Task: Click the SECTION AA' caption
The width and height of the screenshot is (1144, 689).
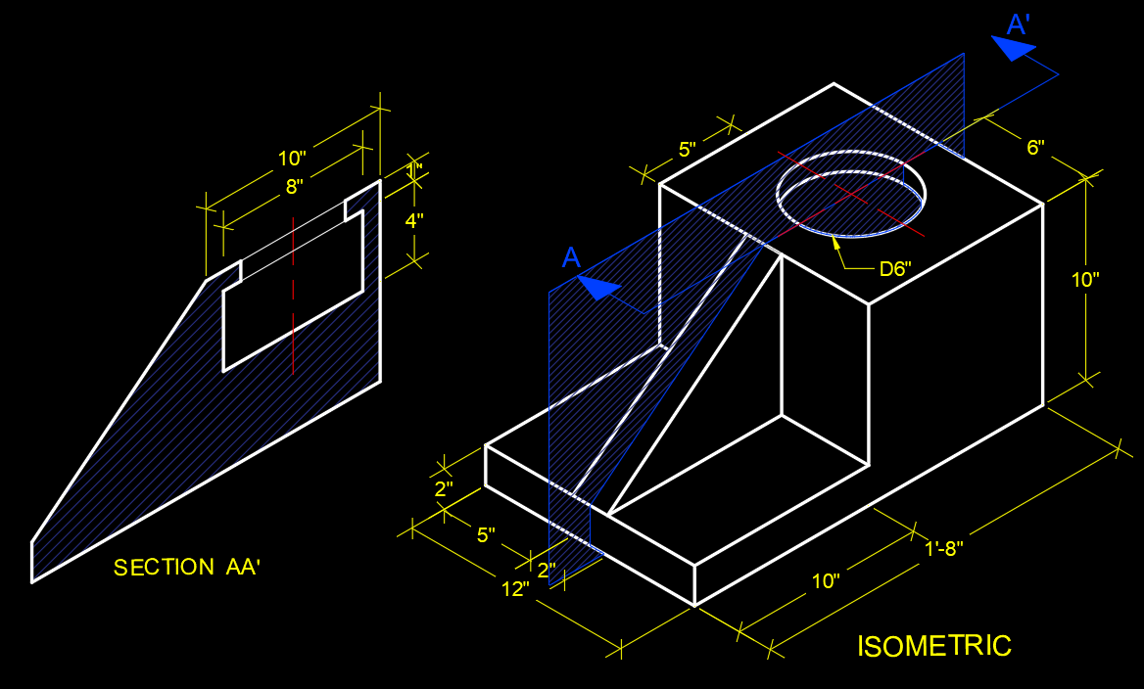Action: (x=187, y=568)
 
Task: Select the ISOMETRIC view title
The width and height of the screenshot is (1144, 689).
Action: (x=934, y=646)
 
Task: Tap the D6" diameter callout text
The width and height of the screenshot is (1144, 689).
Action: (x=894, y=269)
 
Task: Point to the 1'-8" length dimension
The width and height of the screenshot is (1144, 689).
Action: (x=944, y=548)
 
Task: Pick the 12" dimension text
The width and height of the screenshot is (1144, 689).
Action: (x=515, y=588)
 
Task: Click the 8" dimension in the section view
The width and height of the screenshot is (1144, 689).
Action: (x=294, y=185)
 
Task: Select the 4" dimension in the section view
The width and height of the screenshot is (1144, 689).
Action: (x=414, y=221)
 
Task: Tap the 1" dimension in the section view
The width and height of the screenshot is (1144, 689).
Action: (x=415, y=172)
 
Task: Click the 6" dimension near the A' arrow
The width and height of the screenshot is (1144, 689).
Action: (x=1035, y=148)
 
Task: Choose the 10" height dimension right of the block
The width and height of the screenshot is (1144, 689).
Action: (x=1085, y=279)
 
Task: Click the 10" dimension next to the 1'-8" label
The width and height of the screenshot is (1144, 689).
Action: (x=826, y=581)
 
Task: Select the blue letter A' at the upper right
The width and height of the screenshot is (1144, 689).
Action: (x=1019, y=24)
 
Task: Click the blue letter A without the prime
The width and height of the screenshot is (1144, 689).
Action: (x=572, y=257)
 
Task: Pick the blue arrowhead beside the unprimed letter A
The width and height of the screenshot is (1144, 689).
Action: (x=598, y=288)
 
